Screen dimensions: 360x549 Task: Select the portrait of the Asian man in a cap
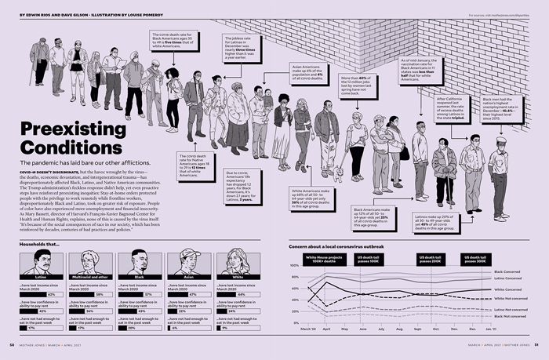[x=184, y=263]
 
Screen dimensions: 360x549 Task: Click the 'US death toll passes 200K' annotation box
[x=432, y=259]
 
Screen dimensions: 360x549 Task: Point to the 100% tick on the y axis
[x=294, y=266]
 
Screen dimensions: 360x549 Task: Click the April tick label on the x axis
[x=326, y=329]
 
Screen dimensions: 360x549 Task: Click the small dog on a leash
[x=336, y=174]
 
